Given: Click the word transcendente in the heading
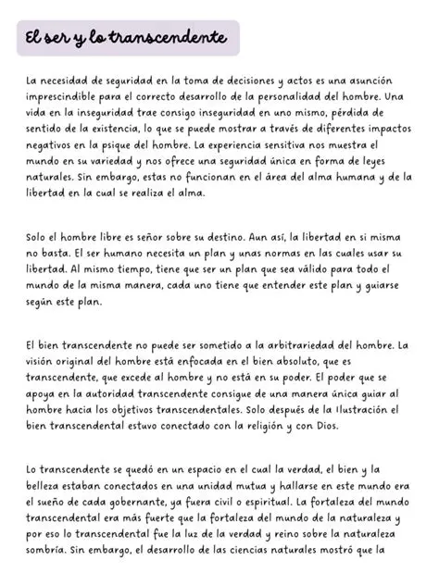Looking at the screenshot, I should [169, 39].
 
